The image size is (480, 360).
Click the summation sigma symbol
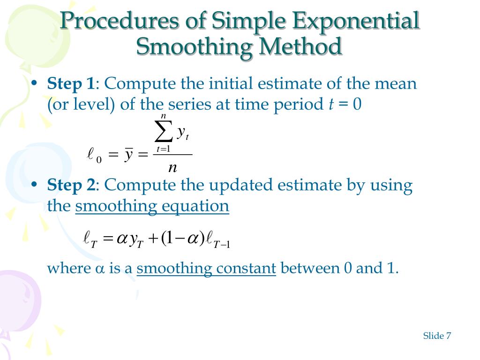click(164, 133)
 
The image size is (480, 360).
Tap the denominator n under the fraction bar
click(172, 167)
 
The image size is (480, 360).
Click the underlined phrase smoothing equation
click(152, 206)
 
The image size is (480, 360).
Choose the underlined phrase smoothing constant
click(206, 269)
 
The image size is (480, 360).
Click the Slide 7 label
click(437, 336)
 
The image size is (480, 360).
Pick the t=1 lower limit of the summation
click(163, 149)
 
